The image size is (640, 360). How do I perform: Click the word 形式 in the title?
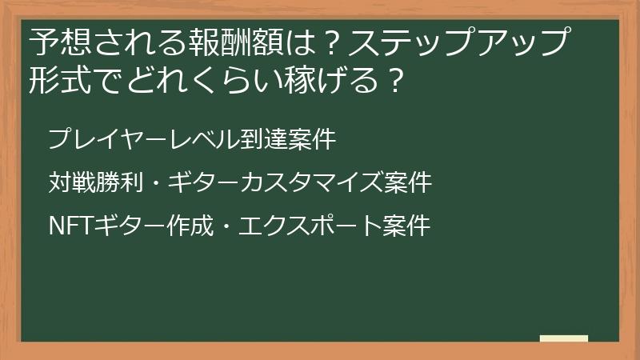(55, 80)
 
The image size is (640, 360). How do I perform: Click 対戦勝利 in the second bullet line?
(96, 183)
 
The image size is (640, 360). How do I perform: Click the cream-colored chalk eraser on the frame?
(564, 338)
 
